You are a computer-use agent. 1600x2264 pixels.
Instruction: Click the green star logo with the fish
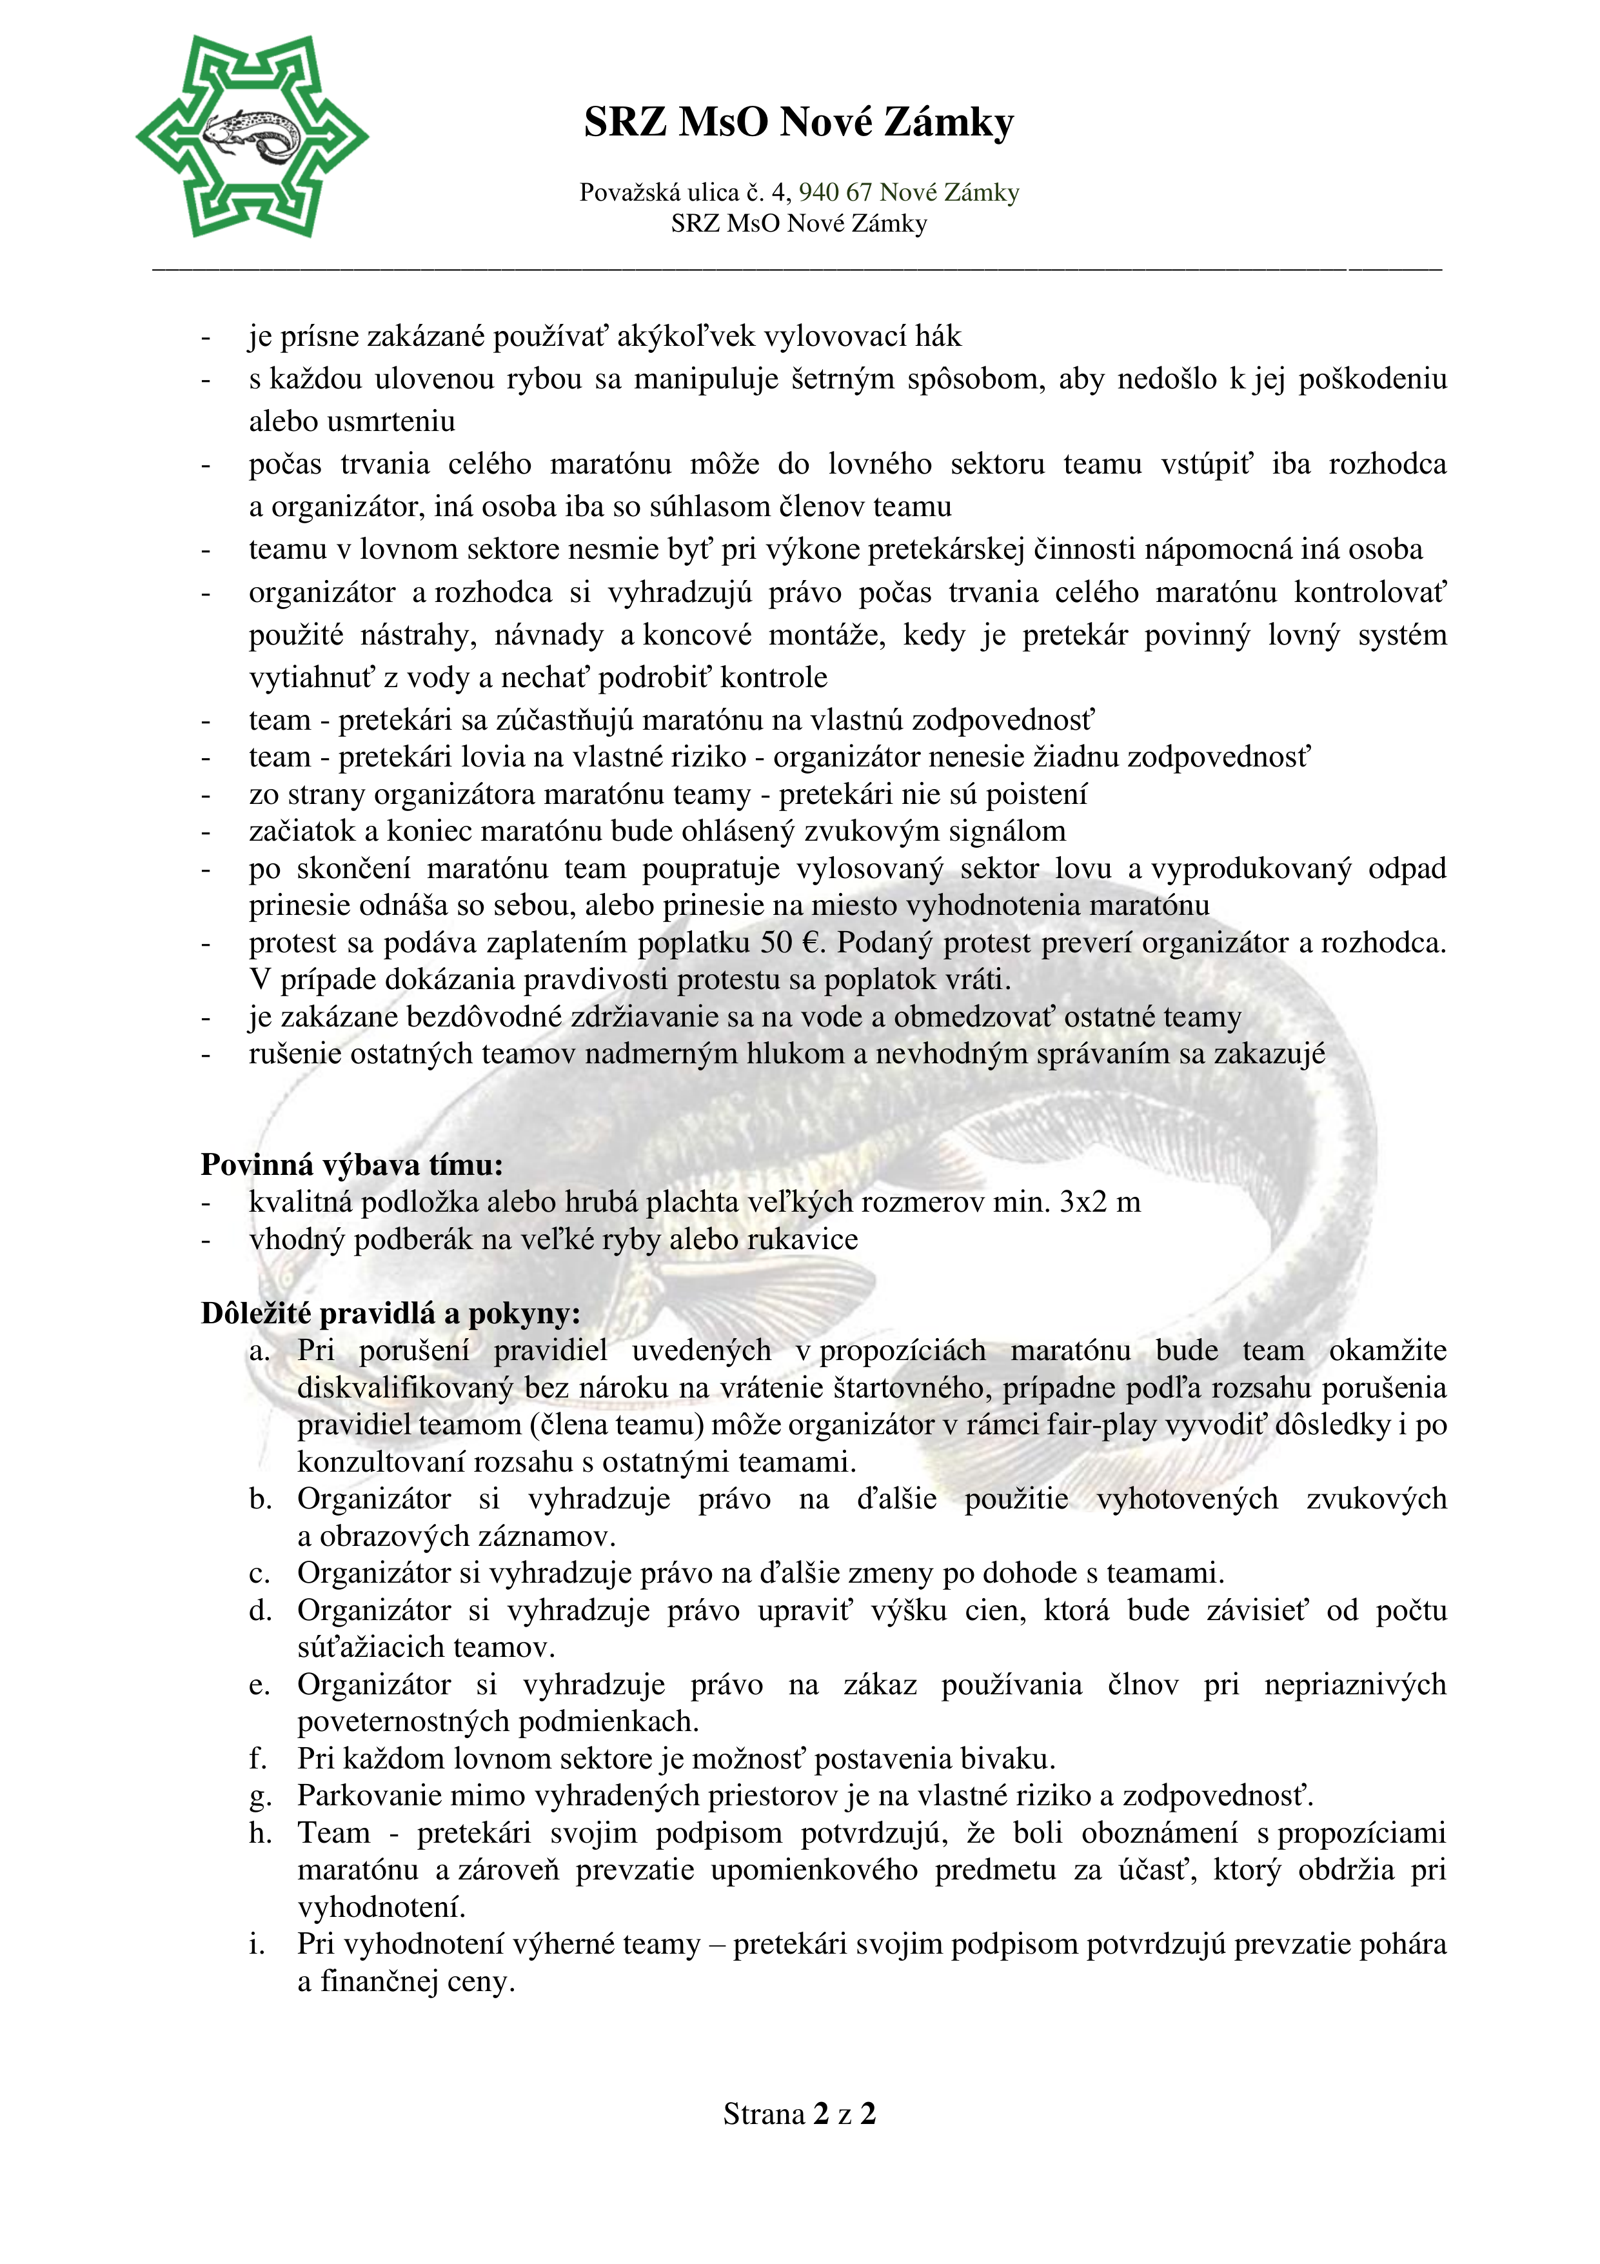tap(252, 136)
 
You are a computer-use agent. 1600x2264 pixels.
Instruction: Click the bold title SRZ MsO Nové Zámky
tap(798, 123)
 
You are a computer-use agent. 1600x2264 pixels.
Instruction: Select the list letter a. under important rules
tap(259, 1351)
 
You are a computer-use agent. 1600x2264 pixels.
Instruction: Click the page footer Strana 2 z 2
tap(798, 2114)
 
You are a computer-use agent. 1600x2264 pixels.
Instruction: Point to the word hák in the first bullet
tap(938, 337)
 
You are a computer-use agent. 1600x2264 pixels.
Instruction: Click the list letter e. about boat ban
tap(259, 1685)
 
